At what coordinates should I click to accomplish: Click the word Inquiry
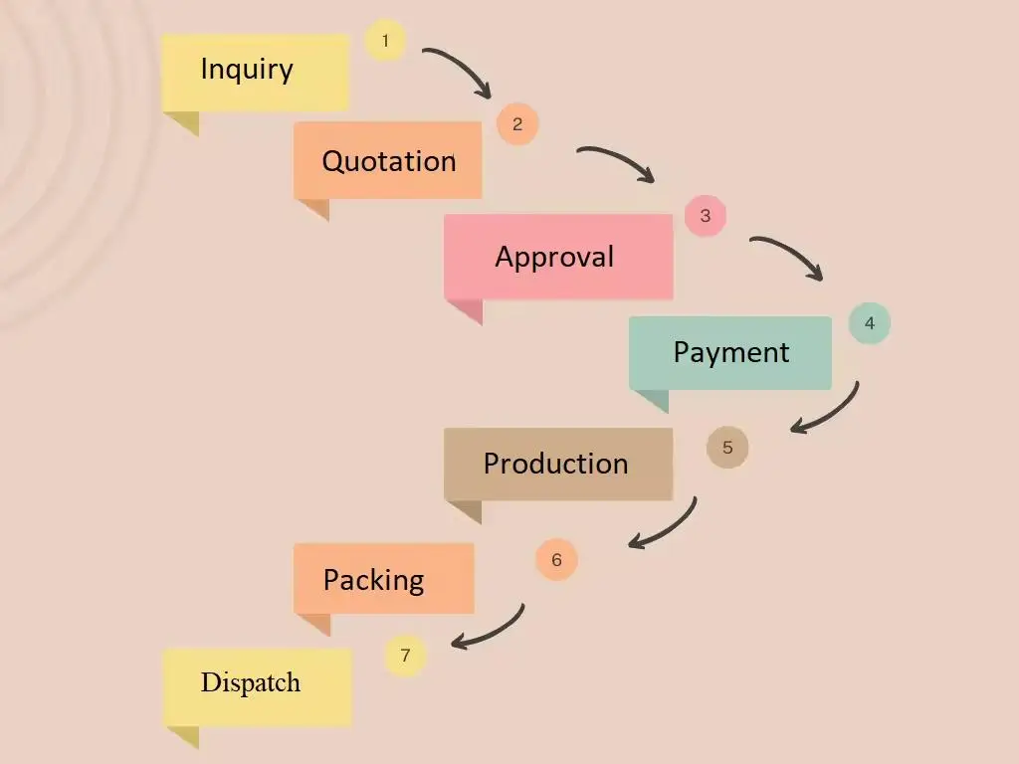pos(247,70)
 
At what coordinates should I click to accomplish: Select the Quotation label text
pos(389,161)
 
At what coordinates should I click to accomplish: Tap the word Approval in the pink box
pos(554,257)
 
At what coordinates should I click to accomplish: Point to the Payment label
pos(731,352)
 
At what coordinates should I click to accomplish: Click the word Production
pos(555,464)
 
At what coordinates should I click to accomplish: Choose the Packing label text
pos(373,579)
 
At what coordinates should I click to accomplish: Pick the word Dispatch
pos(251,682)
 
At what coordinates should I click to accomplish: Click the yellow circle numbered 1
pos(385,41)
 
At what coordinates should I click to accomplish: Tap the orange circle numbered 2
pos(517,124)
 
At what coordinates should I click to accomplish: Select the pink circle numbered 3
pos(706,216)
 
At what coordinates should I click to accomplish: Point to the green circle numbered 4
pos(870,323)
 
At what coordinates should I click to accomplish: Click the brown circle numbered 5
pos(727,448)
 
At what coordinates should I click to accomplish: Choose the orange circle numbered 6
pos(556,560)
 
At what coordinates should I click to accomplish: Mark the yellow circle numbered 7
pos(405,656)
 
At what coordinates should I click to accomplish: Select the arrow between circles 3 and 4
pos(791,253)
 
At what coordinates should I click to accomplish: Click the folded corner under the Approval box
pos(467,310)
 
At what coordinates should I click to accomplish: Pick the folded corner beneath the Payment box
pos(653,400)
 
